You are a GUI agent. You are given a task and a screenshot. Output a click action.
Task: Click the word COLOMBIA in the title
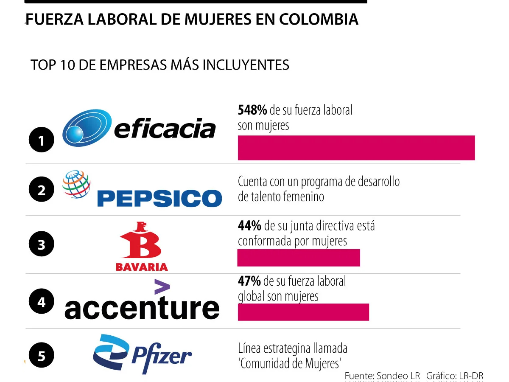point(319,19)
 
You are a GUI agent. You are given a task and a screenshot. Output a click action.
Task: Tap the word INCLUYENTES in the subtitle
point(246,65)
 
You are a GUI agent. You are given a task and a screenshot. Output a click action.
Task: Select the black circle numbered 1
point(42,140)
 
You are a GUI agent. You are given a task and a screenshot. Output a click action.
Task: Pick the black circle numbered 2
point(42,189)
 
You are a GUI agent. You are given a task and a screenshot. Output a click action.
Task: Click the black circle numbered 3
point(42,244)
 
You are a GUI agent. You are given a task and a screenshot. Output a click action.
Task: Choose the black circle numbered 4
point(42,301)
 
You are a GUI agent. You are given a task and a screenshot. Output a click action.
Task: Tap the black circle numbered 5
point(42,355)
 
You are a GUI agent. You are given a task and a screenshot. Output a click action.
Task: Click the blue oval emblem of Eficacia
point(87,128)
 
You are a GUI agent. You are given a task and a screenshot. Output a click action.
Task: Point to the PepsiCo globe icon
point(76,184)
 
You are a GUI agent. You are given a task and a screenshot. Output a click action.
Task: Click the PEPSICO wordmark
point(159,198)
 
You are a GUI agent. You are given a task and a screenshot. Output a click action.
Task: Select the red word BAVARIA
point(142,267)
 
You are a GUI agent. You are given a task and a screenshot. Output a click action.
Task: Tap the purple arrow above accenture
point(162,286)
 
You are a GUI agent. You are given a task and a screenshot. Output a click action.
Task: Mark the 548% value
point(252,110)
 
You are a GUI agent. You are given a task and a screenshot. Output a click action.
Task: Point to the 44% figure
point(249,226)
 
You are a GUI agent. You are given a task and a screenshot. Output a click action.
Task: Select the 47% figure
point(249,281)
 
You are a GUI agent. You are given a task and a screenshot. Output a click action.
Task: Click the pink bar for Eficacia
point(356,148)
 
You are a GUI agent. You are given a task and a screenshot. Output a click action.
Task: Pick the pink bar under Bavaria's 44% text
point(299,258)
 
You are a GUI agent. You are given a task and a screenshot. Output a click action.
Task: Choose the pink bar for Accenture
point(303,312)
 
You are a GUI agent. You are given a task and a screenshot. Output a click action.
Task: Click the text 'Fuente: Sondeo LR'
point(383,376)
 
